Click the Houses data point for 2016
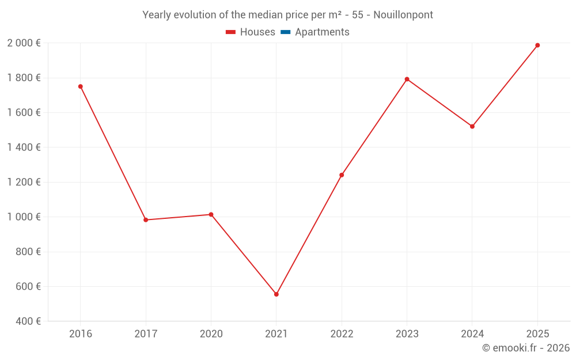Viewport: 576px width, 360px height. tap(80, 86)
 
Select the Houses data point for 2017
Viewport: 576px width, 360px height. tap(146, 220)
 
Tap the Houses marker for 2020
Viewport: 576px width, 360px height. tap(211, 215)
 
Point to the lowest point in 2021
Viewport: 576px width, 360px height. tap(276, 294)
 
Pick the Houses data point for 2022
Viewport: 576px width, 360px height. tap(342, 175)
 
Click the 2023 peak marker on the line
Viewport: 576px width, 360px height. tap(407, 79)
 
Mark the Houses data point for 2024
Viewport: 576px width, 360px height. tap(472, 127)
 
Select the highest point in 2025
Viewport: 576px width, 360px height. tap(537, 46)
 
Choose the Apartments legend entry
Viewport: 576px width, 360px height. tap(321, 32)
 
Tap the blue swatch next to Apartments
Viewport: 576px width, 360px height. tap(285, 32)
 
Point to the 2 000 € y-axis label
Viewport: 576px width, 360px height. tap(24, 43)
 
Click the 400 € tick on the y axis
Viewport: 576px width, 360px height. tap(27, 321)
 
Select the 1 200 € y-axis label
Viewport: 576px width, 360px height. tap(24, 183)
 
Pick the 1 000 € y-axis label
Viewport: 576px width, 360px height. tap(24, 217)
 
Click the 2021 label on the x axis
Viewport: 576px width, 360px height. tap(276, 334)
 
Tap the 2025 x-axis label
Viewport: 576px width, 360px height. tap(537, 334)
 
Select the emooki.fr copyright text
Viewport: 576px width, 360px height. tap(526, 348)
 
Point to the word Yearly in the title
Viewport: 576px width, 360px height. tap(157, 15)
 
